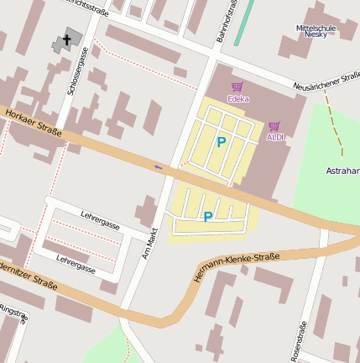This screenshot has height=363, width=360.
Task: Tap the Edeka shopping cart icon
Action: pos(237,87)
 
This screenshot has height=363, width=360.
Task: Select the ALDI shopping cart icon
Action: pos(274,126)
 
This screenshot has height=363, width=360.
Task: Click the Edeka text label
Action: pos(237,98)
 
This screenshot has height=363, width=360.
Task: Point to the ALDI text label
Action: pos(275,137)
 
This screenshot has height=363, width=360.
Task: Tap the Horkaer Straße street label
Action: pos(34,125)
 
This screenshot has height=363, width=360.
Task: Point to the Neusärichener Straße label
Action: pos(327,82)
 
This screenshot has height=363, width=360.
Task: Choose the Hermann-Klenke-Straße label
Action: pos(237,265)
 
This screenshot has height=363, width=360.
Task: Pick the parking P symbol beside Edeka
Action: pos(222,142)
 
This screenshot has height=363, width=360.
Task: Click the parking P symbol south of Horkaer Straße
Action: pos(207,217)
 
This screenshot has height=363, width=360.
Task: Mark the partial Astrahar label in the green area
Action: pos(342,171)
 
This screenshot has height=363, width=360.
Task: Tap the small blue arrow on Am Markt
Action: pos(159,166)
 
